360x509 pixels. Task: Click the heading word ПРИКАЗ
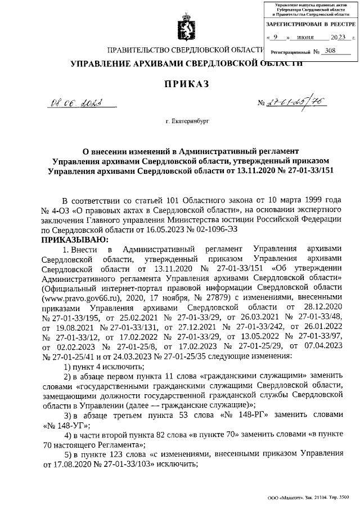tap(186, 84)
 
